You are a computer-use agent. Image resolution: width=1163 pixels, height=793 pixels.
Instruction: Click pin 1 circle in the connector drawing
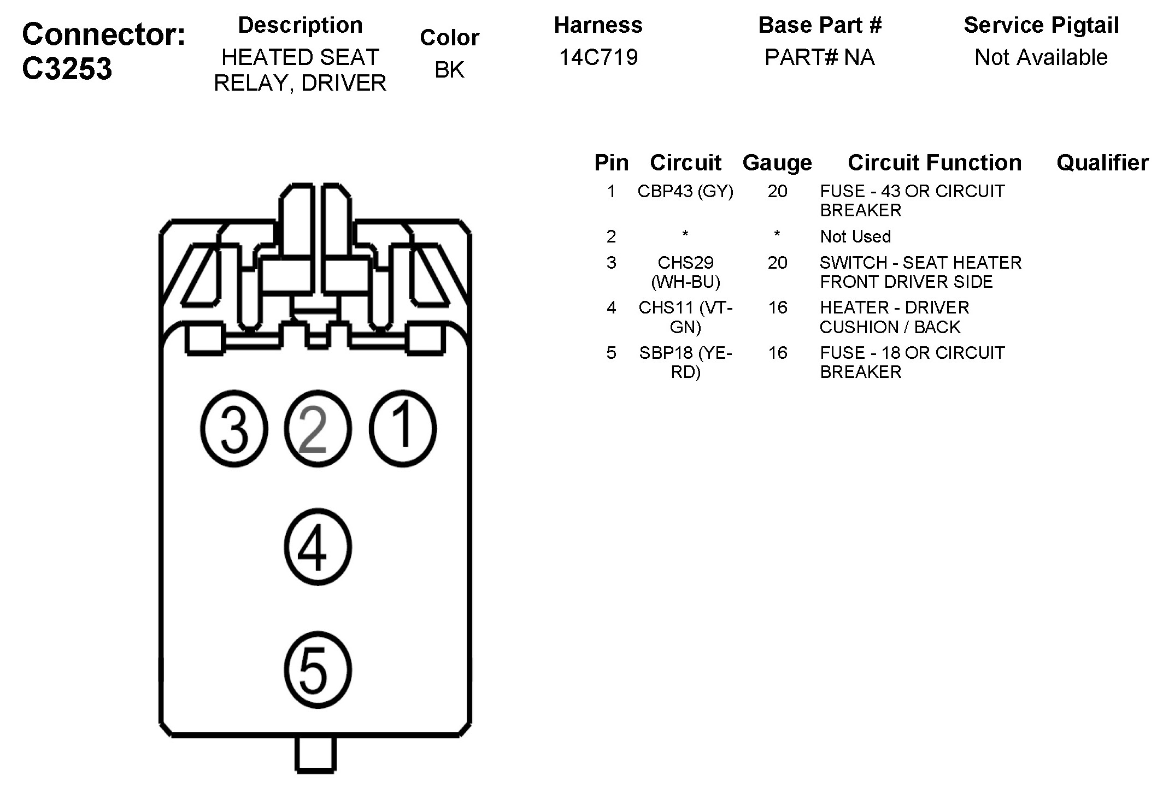click(x=403, y=429)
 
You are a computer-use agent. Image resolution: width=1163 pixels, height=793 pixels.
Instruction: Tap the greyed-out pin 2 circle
click(x=318, y=429)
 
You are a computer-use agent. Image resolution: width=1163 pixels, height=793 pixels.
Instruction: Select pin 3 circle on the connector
click(x=234, y=429)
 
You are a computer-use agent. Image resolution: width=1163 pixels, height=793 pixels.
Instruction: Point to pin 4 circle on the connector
click(x=318, y=547)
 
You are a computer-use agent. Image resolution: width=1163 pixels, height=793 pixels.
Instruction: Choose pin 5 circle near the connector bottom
click(x=318, y=671)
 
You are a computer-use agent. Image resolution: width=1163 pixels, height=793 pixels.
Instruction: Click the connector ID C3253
click(x=67, y=69)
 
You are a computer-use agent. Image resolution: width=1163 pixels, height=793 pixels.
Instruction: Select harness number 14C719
click(x=598, y=57)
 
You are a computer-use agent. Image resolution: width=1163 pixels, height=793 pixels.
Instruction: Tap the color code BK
click(x=449, y=70)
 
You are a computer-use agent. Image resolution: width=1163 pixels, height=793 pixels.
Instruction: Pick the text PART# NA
click(x=819, y=57)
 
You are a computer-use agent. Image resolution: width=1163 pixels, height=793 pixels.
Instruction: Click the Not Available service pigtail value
click(x=1041, y=57)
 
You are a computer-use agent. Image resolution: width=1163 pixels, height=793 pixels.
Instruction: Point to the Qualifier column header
click(x=1102, y=163)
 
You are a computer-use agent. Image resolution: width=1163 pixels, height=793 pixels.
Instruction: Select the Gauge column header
click(x=777, y=163)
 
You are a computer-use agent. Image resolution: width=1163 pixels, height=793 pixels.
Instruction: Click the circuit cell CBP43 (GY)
click(x=685, y=192)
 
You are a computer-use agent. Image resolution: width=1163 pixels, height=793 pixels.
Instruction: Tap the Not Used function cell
click(x=855, y=236)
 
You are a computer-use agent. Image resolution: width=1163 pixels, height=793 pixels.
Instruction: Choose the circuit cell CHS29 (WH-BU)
click(x=685, y=272)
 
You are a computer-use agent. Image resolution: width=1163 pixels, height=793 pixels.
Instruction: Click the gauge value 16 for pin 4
click(x=778, y=307)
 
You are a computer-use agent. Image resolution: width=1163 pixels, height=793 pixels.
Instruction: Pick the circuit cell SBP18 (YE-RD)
click(x=685, y=362)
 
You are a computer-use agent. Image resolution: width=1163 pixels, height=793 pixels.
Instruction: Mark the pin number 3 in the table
click(x=611, y=263)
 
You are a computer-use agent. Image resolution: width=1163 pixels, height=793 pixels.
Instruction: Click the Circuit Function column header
click(x=934, y=163)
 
